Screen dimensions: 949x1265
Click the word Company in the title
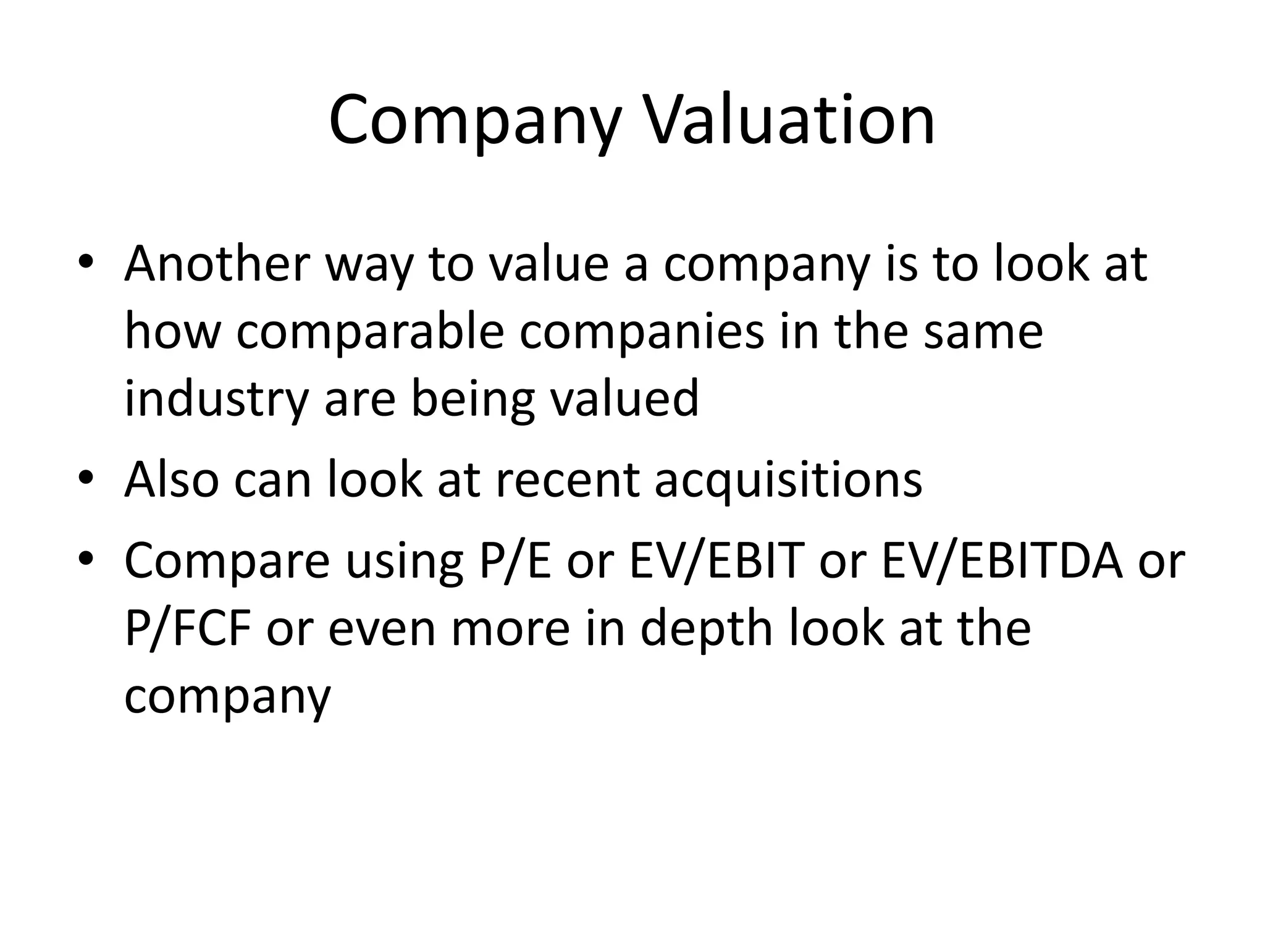point(474,120)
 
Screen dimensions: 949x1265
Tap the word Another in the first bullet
point(216,264)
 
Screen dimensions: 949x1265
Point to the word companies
point(642,332)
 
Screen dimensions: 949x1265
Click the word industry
point(216,399)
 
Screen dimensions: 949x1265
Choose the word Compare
point(227,561)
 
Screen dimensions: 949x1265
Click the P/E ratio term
point(515,561)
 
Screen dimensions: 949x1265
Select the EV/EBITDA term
point(1002,561)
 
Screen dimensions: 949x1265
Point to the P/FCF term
point(187,628)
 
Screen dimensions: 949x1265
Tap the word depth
point(707,628)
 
